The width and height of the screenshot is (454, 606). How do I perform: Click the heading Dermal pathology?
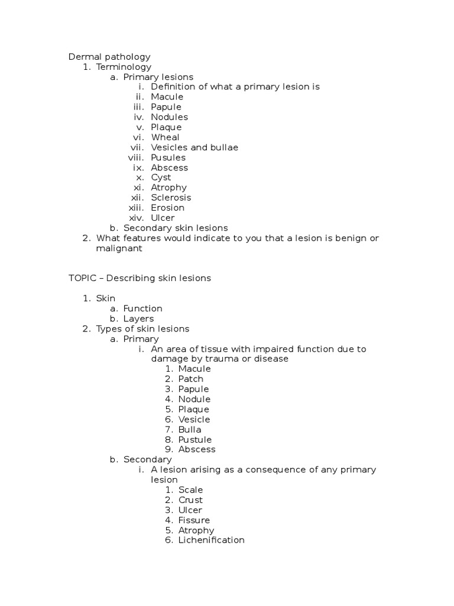coord(109,57)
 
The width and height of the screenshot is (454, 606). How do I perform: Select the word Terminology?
coord(124,67)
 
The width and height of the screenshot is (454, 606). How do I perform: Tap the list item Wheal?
coord(165,137)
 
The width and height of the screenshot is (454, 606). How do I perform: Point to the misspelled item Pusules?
coord(168,157)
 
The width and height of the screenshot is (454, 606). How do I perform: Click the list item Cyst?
coord(161,178)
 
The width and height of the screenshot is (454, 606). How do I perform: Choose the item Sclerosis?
coord(171,198)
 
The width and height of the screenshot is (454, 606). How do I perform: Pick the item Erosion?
coord(167,208)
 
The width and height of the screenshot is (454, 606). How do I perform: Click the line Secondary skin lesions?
coord(175,228)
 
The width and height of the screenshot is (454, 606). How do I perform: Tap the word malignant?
coord(119,249)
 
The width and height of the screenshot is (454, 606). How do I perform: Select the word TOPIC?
coord(82,278)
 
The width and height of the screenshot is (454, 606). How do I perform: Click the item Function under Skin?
coord(142,308)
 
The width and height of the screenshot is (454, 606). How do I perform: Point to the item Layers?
coord(138,318)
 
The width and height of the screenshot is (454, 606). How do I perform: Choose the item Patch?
coord(190,379)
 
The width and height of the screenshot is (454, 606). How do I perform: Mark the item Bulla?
coord(190,429)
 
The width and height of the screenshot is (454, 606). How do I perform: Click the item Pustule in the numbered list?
coord(194,440)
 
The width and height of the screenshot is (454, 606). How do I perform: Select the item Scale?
coord(190,490)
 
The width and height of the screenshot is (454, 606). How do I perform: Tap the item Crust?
coord(190,500)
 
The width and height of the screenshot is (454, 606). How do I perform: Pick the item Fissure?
coord(194,520)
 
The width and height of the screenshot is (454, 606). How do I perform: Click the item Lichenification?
coord(211,540)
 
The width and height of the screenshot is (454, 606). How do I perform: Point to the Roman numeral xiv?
coord(137,218)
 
